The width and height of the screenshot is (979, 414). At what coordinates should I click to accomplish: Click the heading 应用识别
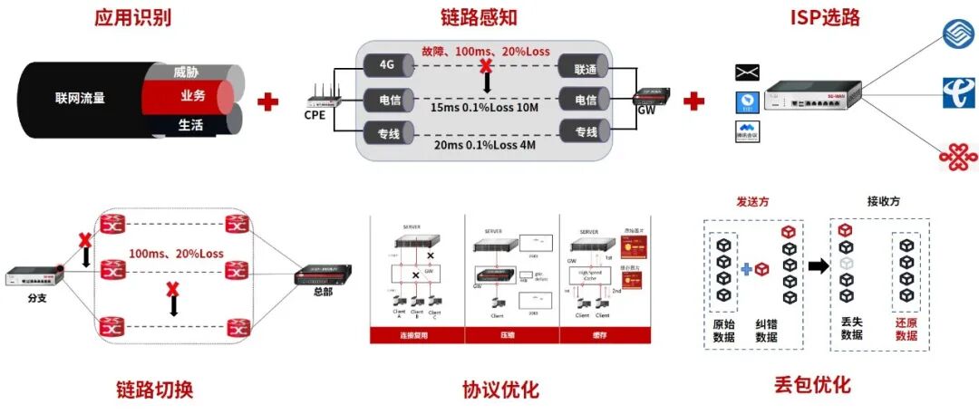[132, 18]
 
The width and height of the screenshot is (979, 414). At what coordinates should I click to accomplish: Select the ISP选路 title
[827, 17]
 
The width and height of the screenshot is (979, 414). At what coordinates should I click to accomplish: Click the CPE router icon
[320, 98]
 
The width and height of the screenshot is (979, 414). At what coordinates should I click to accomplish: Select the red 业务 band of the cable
[191, 96]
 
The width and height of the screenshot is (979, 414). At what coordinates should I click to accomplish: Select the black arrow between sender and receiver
[818, 265]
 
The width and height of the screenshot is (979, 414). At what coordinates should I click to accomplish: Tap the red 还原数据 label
[906, 328]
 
